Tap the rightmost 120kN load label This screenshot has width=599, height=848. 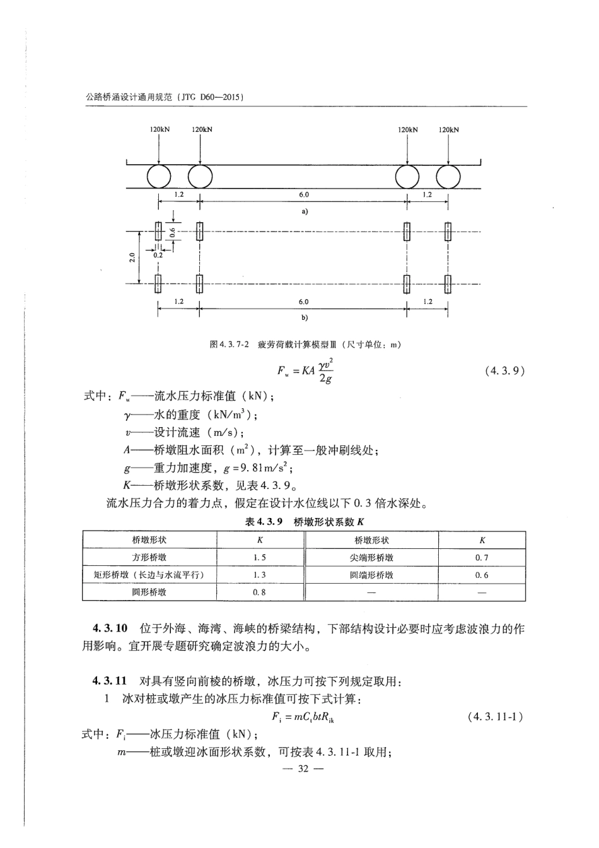coord(449,129)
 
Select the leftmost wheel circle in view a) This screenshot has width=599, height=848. coord(159,177)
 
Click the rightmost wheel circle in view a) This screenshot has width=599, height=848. coord(448,177)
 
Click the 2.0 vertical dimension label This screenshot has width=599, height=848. coord(131,257)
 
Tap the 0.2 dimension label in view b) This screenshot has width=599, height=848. coord(157,256)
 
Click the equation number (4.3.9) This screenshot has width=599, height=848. coord(504,371)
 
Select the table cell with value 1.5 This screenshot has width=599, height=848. coord(260,558)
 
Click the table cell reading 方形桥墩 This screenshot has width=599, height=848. coord(149,558)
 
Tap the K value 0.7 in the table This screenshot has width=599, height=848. coord(482,558)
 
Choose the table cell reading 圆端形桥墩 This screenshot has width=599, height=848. coord(372,575)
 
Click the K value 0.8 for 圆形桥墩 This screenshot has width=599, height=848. coord(260,592)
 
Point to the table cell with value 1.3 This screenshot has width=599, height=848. coord(260,575)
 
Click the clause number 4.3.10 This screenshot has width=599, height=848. coord(110,628)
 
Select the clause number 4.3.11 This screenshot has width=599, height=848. coord(110,681)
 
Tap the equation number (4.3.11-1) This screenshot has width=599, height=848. coord(496,717)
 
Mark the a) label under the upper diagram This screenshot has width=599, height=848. coord(304,211)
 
